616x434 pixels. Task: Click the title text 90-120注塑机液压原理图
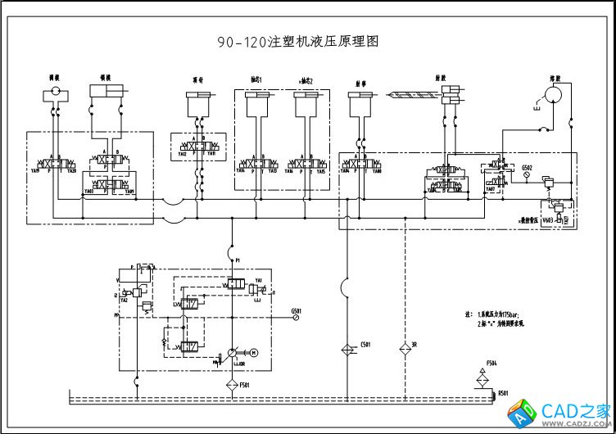pos(298,41)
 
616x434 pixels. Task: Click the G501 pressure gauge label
pos(297,310)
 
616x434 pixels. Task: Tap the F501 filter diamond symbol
pos(232,383)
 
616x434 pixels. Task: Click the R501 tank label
pos(504,394)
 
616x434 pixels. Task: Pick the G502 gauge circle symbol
pos(526,179)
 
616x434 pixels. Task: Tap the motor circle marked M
pos(253,352)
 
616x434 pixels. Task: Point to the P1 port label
pos(238,260)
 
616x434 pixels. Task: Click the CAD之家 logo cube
pos(525,414)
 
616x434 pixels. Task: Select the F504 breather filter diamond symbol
pos(482,378)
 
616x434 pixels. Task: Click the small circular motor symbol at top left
pos(54,95)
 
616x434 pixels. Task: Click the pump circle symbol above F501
pos(232,352)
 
